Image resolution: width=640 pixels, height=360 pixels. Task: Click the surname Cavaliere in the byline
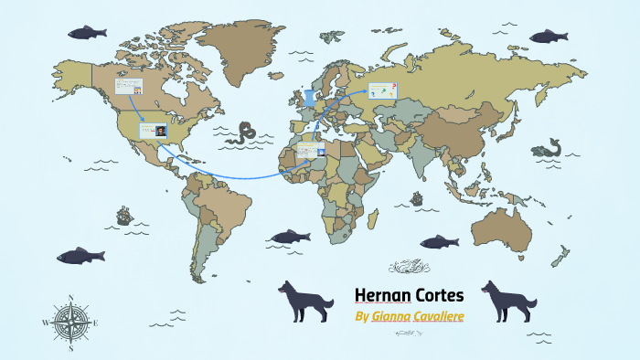(x=445, y=316)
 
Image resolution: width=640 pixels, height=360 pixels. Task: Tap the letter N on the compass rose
(x=71, y=298)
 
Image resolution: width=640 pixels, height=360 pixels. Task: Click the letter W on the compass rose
(x=46, y=323)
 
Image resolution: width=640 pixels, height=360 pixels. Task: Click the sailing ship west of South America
(x=124, y=217)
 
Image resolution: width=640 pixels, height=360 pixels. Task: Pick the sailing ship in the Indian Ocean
(x=417, y=198)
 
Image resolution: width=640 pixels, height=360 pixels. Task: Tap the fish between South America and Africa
(x=291, y=237)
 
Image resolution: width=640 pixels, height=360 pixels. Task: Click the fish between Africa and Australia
(x=438, y=241)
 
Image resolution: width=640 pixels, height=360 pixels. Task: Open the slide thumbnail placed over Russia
(x=383, y=90)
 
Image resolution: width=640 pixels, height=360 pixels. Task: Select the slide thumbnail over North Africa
(x=311, y=150)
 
